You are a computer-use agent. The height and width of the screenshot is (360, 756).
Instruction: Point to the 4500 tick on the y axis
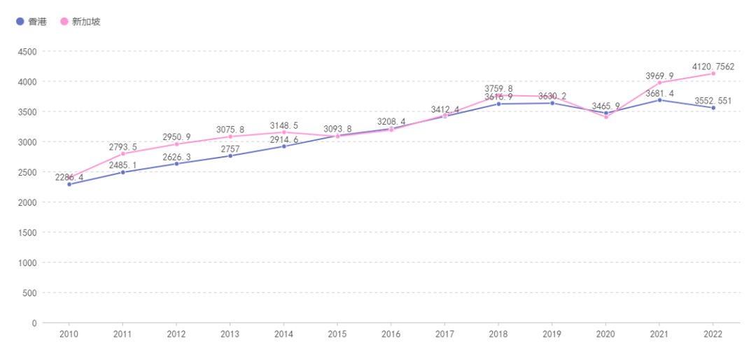point(27,51)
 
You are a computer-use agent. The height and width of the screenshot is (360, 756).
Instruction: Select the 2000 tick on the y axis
point(27,202)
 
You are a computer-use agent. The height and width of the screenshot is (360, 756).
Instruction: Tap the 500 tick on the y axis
point(29,292)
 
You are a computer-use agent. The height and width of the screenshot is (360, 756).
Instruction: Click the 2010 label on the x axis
point(69,334)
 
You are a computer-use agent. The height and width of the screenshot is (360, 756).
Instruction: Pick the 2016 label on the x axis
point(391,334)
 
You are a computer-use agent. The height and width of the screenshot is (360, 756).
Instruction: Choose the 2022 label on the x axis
point(713,334)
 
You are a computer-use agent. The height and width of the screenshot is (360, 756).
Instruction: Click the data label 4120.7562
point(713,67)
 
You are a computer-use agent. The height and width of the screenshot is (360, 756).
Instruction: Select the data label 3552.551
point(713,101)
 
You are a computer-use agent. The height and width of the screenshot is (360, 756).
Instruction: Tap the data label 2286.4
point(69,177)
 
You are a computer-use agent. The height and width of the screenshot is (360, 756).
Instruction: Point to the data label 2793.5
point(123,147)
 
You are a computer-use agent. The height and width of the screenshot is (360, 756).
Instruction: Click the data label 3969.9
point(659,76)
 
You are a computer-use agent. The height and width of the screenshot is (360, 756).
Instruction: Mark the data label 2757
point(230,149)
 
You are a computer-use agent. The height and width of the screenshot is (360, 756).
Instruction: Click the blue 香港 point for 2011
point(123,172)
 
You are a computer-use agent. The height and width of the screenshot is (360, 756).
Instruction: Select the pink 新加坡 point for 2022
point(713,74)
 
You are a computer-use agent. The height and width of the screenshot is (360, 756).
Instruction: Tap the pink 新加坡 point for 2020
point(606,117)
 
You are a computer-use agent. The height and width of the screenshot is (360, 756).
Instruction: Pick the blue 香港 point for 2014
point(283,146)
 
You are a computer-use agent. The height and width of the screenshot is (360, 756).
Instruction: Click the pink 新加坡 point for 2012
point(176,144)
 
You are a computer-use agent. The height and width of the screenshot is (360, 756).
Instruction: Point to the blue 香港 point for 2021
point(659,100)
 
